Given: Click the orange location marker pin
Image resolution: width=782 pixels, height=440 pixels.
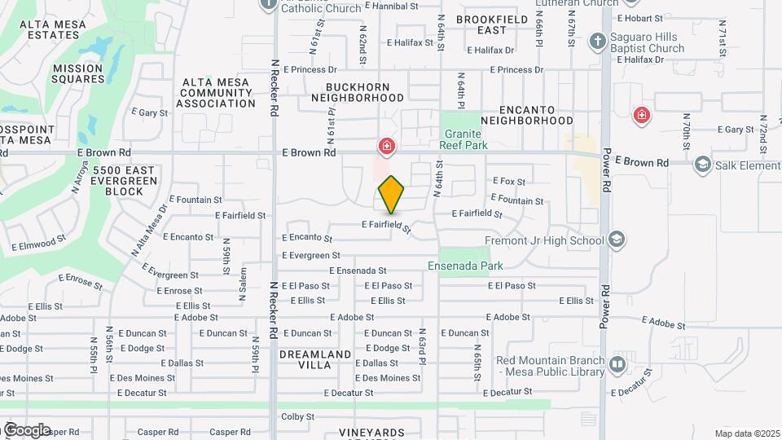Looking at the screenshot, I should pos(391,195).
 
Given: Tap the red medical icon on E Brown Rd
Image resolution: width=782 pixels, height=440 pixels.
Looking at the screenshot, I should pos(386,147).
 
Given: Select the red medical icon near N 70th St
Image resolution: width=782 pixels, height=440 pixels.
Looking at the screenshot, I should pos(642,115).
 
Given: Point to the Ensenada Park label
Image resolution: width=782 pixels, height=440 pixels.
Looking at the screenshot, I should pos(465,266).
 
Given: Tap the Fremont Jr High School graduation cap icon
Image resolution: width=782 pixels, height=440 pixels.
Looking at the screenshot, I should pos(617,240).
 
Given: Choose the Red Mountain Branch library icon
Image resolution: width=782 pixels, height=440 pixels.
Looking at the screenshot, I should pos(617,363).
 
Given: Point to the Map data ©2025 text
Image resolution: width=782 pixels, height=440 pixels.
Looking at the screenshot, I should pos(747,433).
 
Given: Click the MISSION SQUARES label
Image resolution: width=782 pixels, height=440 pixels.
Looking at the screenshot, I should pos(78,74).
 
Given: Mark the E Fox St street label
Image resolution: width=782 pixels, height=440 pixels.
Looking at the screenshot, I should pos(509,182).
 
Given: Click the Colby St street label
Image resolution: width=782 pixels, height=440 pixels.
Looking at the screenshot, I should pos(297,416).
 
